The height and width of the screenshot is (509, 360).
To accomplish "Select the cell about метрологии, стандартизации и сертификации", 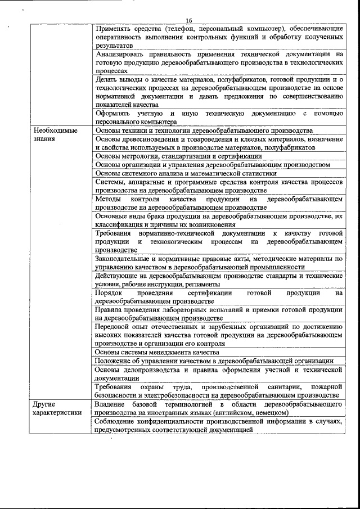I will point(178,156).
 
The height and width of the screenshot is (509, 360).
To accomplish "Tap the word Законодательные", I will point(126,259).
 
